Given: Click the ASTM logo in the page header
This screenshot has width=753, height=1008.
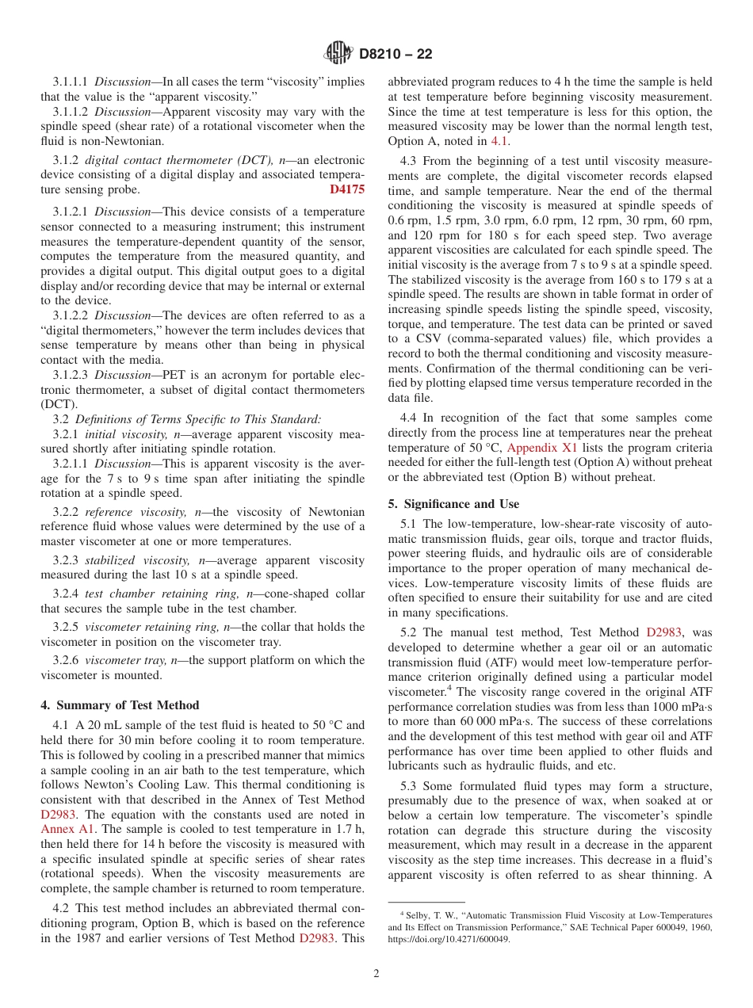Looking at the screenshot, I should coord(338,54).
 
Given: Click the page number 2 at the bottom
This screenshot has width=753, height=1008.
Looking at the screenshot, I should coord(376,974).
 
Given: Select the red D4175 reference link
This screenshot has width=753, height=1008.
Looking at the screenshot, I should coord(347,189).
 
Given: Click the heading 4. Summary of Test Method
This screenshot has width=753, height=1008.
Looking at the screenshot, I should coord(120,705).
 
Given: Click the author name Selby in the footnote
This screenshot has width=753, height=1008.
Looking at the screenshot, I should coord(418,915).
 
